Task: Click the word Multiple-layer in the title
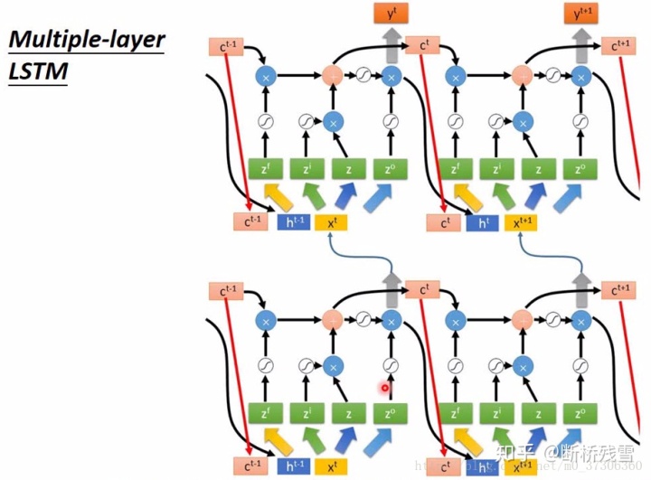click(86, 41)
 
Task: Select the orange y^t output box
click(391, 14)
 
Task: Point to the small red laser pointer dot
click(385, 389)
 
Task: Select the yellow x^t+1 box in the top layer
click(524, 221)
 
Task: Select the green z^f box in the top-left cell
click(265, 168)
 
